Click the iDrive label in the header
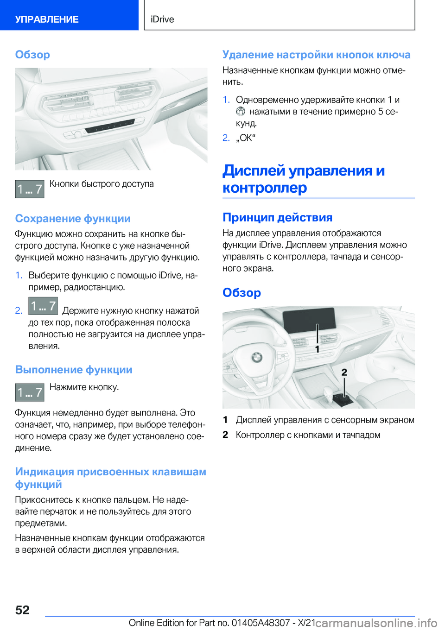tap(162, 19)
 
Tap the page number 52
tap(22, 610)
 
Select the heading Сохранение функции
tap(73, 218)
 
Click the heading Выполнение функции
tap(74, 370)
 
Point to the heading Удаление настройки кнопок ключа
tap(316, 55)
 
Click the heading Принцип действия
tap(277, 217)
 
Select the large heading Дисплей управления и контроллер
tap(304, 179)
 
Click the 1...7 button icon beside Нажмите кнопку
tap(30, 392)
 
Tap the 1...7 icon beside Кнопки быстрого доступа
tap(30, 189)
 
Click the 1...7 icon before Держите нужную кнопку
tap(43, 306)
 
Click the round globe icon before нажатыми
tap(240, 111)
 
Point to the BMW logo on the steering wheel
tap(256, 357)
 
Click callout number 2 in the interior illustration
tap(344, 372)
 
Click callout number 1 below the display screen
tap(317, 349)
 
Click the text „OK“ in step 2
tap(246, 138)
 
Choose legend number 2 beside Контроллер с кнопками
tap(225, 435)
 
